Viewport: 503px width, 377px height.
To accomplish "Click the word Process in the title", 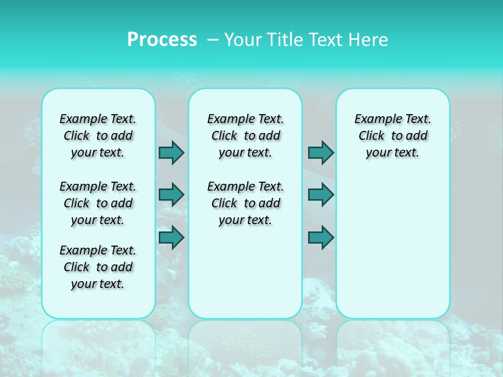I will pyautogui.click(x=162, y=40).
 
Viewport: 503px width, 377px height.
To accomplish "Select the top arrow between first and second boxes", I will pyautogui.click(x=171, y=152).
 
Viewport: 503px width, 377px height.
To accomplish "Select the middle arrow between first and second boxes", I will pyautogui.click(x=171, y=195).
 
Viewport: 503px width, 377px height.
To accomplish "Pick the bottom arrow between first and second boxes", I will pyautogui.click(x=171, y=237).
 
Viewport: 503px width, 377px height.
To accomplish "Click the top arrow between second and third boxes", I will pyautogui.click(x=321, y=152).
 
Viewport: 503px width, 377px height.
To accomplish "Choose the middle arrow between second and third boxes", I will pyautogui.click(x=321, y=195).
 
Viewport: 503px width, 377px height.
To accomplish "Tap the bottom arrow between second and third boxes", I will pyautogui.click(x=321, y=237).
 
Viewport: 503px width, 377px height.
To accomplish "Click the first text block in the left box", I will pyautogui.click(x=98, y=136).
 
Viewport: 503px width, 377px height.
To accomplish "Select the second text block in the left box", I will pyautogui.click(x=98, y=203).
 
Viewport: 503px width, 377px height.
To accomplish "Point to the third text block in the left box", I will pyautogui.click(x=98, y=267).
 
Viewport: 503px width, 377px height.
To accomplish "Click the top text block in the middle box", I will pyautogui.click(x=245, y=136).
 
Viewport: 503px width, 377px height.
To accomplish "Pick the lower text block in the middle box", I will pyautogui.click(x=245, y=203).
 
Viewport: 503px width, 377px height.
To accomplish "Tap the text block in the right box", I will pyautogui.click(x=392, y=136).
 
